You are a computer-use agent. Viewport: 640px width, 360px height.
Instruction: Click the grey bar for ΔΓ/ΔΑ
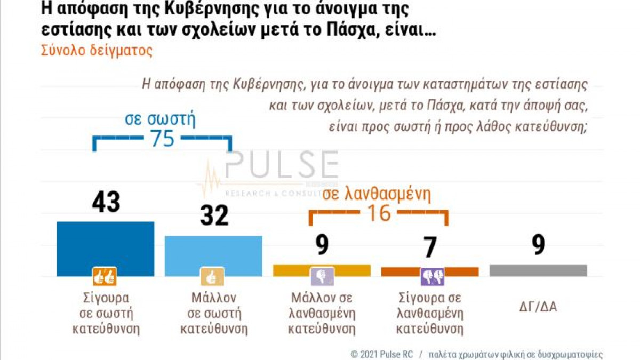pyautogui.click(x=538, y=270)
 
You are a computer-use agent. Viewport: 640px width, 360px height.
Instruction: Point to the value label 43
pyautogui.click(x=106, y=203)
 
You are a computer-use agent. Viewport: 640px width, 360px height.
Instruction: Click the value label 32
pyautogui.click(x=214, y=215)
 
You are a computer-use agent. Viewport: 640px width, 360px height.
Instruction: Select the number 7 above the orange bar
pyautogui.click(x=430, y=247)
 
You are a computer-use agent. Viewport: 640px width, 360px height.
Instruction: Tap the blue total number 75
pyautogui.click(x=162, y=139)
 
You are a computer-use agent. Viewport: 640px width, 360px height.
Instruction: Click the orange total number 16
pyautogui.click(x=379, y=213)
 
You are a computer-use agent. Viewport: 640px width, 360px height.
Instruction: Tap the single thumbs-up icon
pyautogui.click(x=212, y=277)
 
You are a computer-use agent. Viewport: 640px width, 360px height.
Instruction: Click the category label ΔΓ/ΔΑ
pyautogui.click(x=538, y=307)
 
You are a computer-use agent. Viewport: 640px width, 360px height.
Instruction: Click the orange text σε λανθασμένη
pyautogui.click(x=377, y=193)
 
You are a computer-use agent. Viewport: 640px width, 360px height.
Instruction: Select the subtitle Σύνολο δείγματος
pyautogui.click(x=97, y=51)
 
